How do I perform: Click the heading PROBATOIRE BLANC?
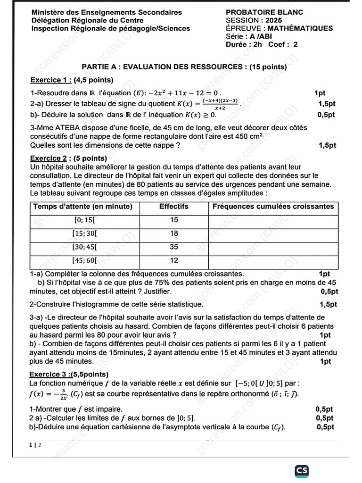pyautogui.click(x=264, y=12)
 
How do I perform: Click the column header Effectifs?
pyautogui.click(x=173, y=207)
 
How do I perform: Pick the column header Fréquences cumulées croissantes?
pyautogui.click(x=273, y=207)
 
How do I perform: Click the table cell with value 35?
pyautogui.click(x=174, y=247)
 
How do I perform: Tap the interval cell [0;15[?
pyautogui.click(x=84, y=220)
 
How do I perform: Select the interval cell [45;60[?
pyautogui.click(x=84, y=260)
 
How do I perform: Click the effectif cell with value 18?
pyautogui.click(x=174, y=233)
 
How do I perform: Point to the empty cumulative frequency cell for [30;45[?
pyautogui.click(x=273, y=247)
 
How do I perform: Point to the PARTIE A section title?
pyautogui.click(x=184, y=67)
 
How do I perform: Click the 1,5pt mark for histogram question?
pyautogui.click(x=329, y=304)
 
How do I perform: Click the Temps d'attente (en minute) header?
pyautogui.click(x=82, y=207)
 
